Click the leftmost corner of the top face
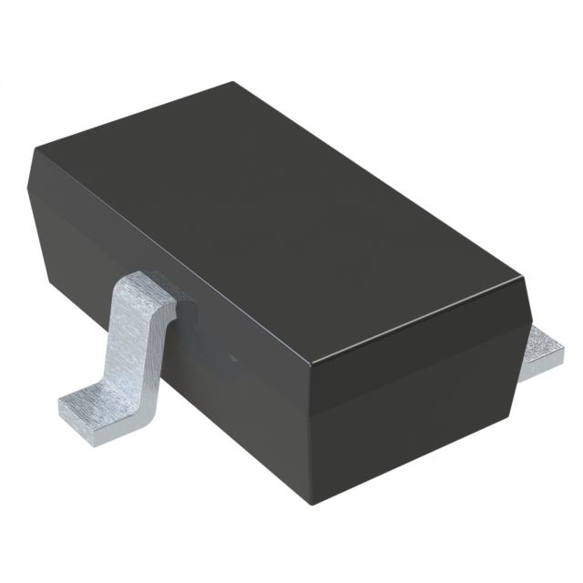click(x=34, y=151)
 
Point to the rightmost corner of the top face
click(x=526, y=273)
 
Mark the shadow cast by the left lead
click(x=182, y=328)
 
